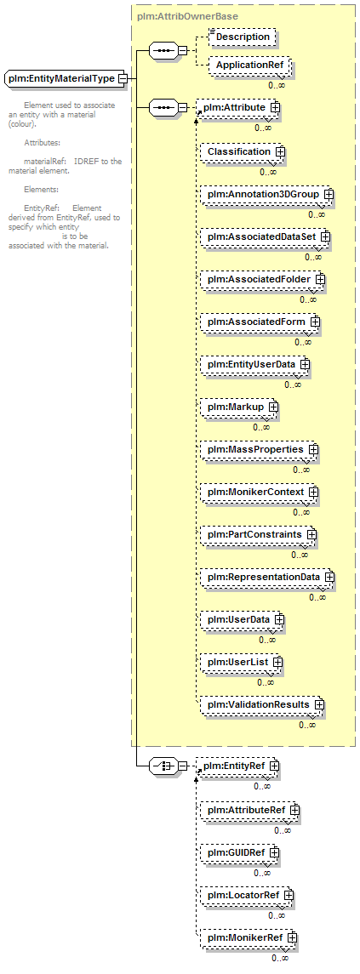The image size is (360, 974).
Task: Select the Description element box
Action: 243,37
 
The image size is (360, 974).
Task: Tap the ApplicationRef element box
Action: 249,65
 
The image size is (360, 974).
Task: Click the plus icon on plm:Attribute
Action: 275,108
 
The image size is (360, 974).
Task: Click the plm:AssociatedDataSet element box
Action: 264,236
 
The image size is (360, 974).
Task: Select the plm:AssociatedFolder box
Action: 261,280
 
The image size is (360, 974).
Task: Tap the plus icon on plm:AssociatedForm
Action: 315,322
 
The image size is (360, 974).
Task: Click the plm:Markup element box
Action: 237,407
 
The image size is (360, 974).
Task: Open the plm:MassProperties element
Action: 258,449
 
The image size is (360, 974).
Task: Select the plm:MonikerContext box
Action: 258,492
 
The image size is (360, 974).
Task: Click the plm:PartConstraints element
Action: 257,534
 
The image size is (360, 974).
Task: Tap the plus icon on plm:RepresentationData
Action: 329,577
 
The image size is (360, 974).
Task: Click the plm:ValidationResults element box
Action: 261,704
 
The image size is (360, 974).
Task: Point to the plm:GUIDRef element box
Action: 238,853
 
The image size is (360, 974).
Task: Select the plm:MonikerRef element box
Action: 247,938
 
